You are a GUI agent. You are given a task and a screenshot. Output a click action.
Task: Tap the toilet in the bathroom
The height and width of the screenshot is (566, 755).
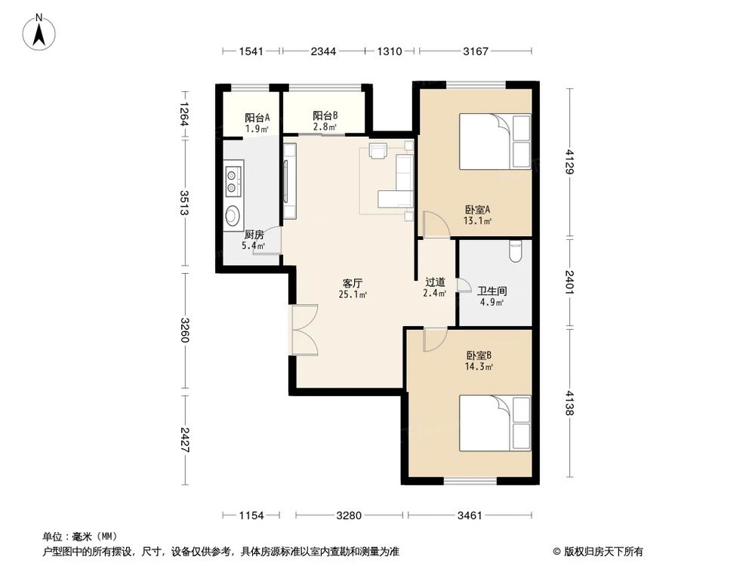point(516,251)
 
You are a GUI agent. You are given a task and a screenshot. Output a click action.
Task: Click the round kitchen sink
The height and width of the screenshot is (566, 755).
point(233,216)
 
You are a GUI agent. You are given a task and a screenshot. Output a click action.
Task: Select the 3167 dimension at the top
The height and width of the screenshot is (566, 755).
point(476,51)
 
